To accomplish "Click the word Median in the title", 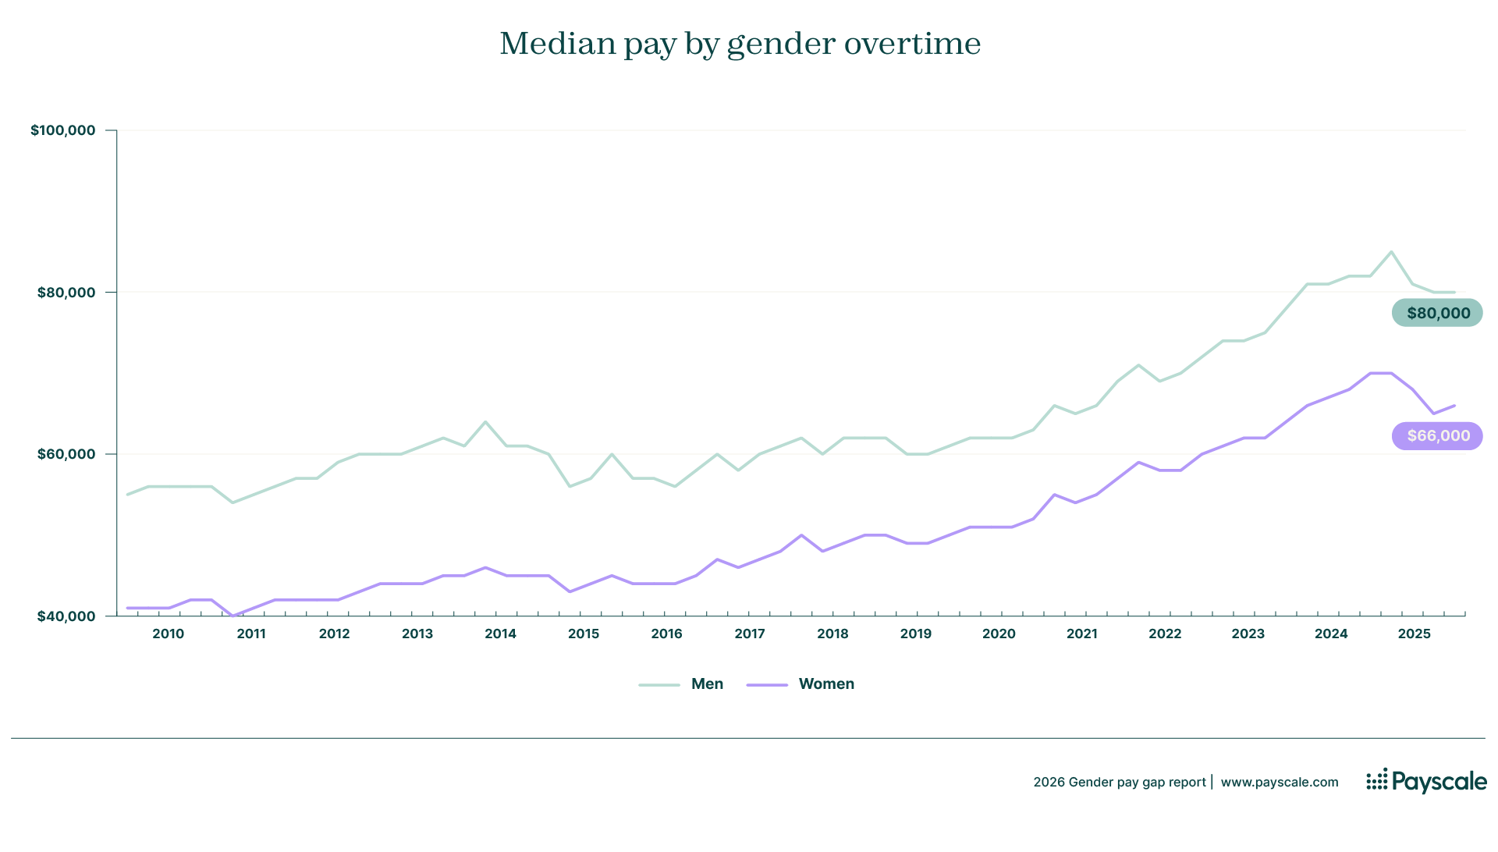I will (558, 44).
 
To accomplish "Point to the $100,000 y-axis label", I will (63, 130).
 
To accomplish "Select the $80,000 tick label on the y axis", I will (66, 293).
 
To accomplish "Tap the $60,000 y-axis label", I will (66, 454).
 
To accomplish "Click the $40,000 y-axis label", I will (66, 616).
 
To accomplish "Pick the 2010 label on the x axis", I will (168, 634).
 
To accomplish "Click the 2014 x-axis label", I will (500, 634).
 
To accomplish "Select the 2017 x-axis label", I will (749, 634).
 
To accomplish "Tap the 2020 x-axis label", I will (999, 634).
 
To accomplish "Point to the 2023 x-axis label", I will (1248, 634).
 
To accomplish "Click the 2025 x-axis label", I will (1414, 634).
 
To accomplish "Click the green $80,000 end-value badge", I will (1437, 313).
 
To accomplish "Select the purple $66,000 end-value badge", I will (1437, 436).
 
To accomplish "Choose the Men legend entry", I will (707, 684).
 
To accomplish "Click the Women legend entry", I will (825, 684).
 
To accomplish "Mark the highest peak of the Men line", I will (1391, 252).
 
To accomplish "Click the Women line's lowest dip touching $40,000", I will (233, 616).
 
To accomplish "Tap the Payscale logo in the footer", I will (1426, 781).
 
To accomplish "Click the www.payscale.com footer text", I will (1279, 782).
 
